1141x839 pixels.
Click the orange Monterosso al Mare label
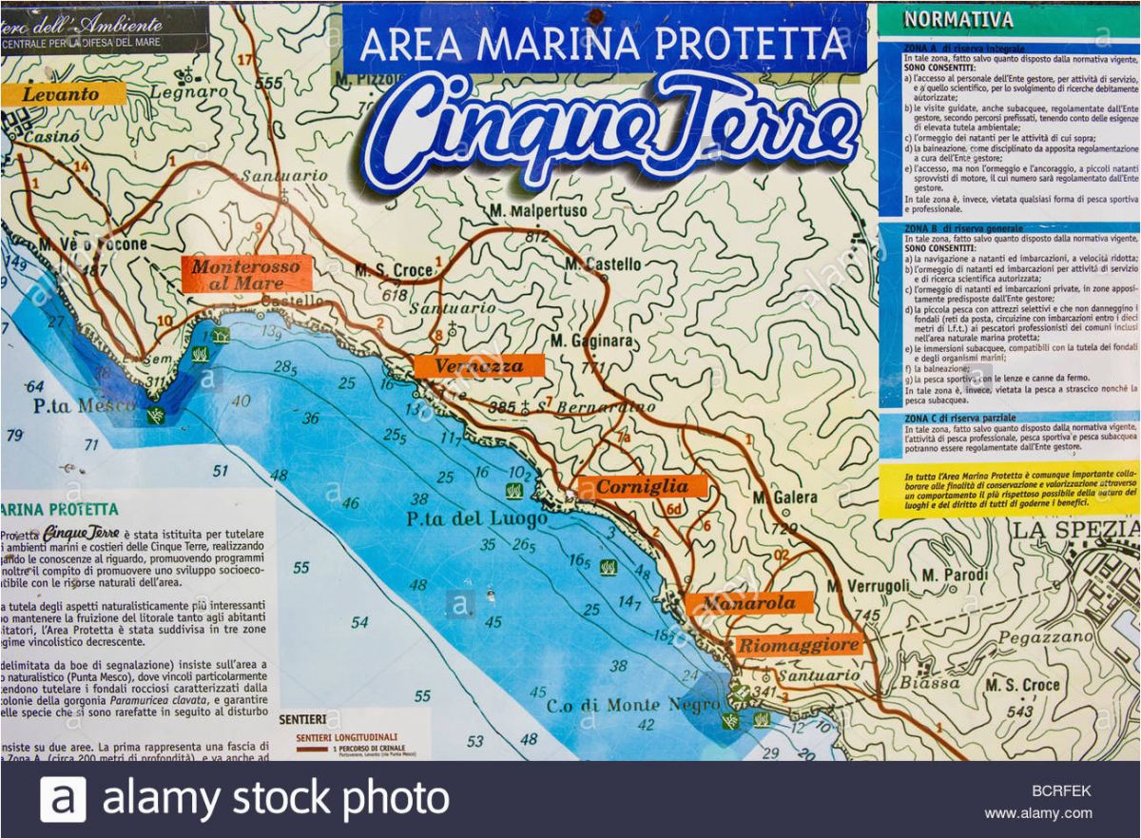click(246, 274)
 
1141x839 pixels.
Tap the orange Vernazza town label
click(479, 366)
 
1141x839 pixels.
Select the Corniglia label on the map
click(643, 487)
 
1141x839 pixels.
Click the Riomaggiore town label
click(799, 645)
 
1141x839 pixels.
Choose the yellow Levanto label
click(63, 94)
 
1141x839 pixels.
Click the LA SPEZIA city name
click(1074, 529)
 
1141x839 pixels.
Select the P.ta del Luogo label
click(476, 519)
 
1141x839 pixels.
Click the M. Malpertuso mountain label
click(539, 210)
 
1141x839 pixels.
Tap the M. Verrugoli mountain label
click(868, 586)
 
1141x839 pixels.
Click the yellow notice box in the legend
click(1008, 489)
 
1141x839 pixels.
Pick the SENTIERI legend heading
click(302, 719)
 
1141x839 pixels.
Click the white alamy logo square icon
click(63, 799)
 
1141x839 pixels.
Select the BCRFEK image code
click(1061, 790)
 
